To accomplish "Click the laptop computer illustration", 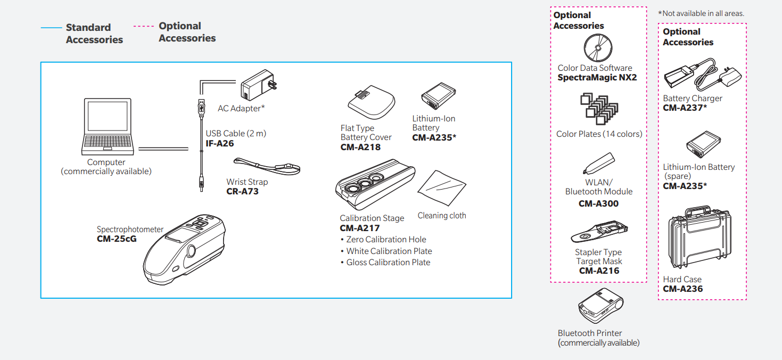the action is (x=108, y=126).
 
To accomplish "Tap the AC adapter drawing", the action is (x=258, y=85).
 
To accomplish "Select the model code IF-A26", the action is (x=220, y=143).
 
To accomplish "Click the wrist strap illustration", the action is (x=267, y=167).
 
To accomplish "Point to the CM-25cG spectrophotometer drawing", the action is (x=184, y=249).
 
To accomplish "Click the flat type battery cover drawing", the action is (x=372, y=102).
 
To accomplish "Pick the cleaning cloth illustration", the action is (x=442, y=188).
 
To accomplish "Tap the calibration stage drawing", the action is (x=375, y=184).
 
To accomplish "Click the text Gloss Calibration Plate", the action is (x=388, y=263).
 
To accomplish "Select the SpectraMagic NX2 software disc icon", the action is (x=598, y=48).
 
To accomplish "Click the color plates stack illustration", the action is (x=599, y=109).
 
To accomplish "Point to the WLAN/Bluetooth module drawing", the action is (x=599, y=163).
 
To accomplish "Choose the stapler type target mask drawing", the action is (x=599, y=231).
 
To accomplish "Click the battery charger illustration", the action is (x=702, y=75).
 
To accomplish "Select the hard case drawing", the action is (x=699, y=237).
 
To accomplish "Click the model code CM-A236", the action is (x=683, y=289).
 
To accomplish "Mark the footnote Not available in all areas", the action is (x=701, y=14).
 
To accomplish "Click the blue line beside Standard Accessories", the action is (x=51, y=28).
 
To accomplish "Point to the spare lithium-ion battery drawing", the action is (x=703, y=144).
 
